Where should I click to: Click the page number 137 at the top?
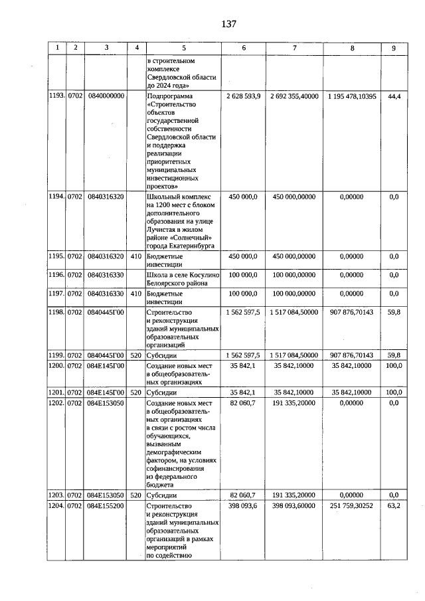(x=229, y=24)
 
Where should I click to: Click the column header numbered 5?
(x=184, y=48)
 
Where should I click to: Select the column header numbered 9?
(x=393, y=48)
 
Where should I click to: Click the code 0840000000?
(x=106, y=96)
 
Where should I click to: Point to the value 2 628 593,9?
(x=242, y=96)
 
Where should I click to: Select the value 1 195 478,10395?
(x=351, y=96)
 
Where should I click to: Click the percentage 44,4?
(x=394, y=96)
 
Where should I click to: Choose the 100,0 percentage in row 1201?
(x=394, y=392)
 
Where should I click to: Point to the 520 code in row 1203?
(x=135, y=495)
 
